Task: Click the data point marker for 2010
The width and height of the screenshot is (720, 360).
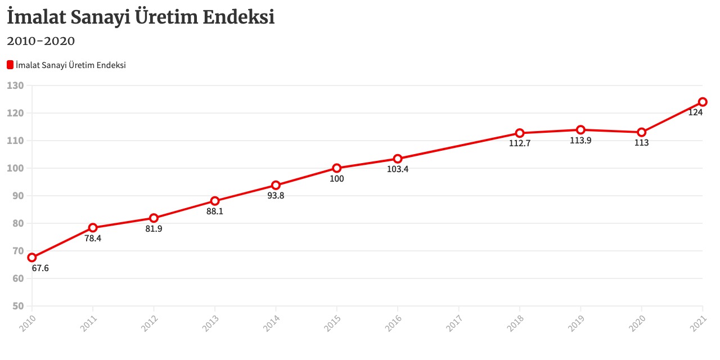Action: pyautogui.click(x=32, y=258)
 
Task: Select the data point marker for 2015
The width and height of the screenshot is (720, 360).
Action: pyautogui.click(x=337, y=168)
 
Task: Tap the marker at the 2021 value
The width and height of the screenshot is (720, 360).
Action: pyautogui.click(x=703, y=102)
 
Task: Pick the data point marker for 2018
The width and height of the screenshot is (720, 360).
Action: pyautogui.click(x=520, y=133)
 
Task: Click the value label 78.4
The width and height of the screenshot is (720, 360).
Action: pyautogui.click(x=93, y=238)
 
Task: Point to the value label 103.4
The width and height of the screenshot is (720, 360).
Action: pyautogui.click(x=398, y=169)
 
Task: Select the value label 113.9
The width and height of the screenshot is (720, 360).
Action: pyautogui.click(x=580, y=141)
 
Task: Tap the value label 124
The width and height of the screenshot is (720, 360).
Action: pyautogui.click(x=695, y=112)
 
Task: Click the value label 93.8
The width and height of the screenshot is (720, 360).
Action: pyautogui.click(x=276, y=196)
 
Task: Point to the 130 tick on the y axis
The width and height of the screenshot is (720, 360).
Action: pyautogui.click(x=16, y=85)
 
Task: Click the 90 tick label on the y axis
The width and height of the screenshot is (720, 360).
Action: pyautogui.click(x=18, y=196)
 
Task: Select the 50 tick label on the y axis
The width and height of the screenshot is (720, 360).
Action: pyautogui.click(x=18, y=306)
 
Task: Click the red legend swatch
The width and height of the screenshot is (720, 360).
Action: pyautogui.click(x=10, y=65)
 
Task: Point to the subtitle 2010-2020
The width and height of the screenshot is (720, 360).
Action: pyautogui.click(x=40, y=41)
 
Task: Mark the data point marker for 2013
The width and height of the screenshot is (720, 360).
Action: pyautogui.click(x=215, y=201)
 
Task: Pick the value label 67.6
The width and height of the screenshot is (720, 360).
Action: pyautogui.click(x=40, y=268)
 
